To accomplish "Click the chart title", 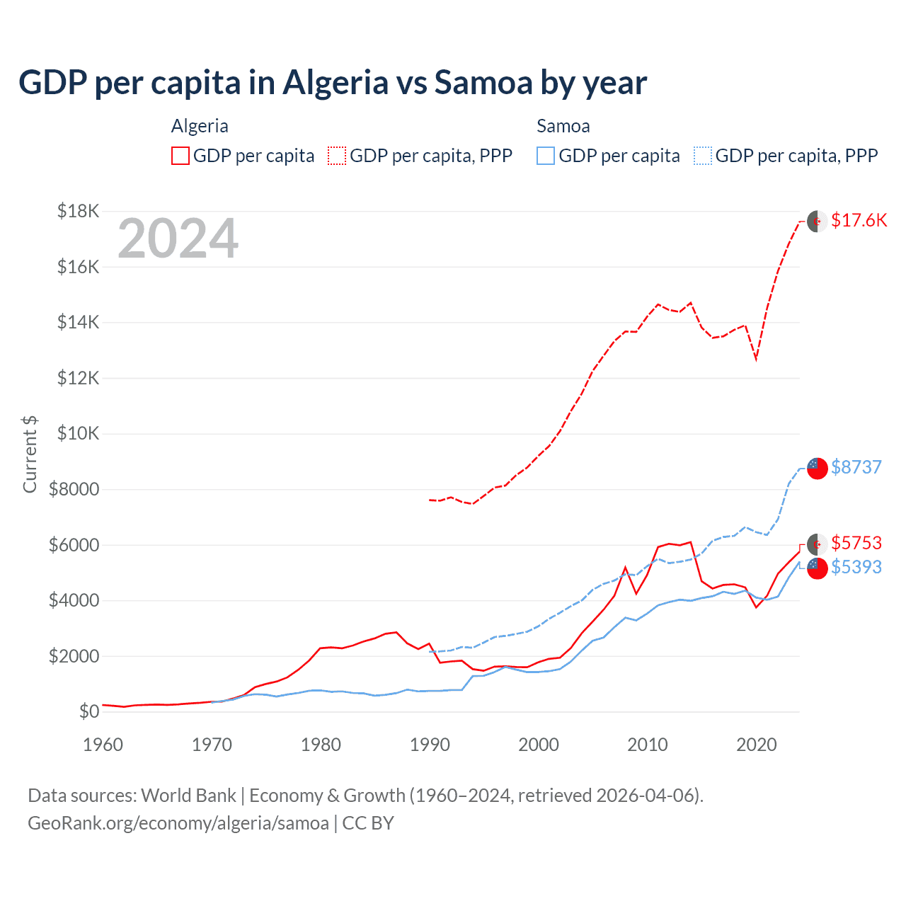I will (x=333, y=83).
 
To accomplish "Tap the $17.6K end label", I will (x=859, y=220).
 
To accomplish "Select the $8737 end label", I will (x=856, y=467).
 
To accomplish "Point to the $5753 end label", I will (x=856, y=543).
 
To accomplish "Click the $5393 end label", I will (x=856, y=567).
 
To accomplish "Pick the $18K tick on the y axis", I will (x=78, y=211).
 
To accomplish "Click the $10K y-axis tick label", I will (x=78, y=433).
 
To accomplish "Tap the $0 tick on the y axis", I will (x=88, y=711).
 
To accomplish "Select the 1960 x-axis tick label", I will (x=103, y=745).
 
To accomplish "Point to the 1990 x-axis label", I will (x=430, y=745).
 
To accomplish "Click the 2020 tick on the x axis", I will (x=757, y=745).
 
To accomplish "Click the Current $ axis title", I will (x=30, y=454).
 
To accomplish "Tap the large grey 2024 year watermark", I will (x=178, y=239).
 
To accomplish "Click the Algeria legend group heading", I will (x=200, y=126).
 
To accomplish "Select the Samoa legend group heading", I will (x=563, y=126).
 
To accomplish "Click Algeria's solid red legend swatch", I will (x=180, y=156).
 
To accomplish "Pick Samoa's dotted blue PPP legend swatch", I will (x=703, y=156).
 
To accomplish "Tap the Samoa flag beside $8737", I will (x=818, y=468).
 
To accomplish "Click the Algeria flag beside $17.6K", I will (x=818, y=221).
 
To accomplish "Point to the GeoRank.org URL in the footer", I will (x=178, y=823).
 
